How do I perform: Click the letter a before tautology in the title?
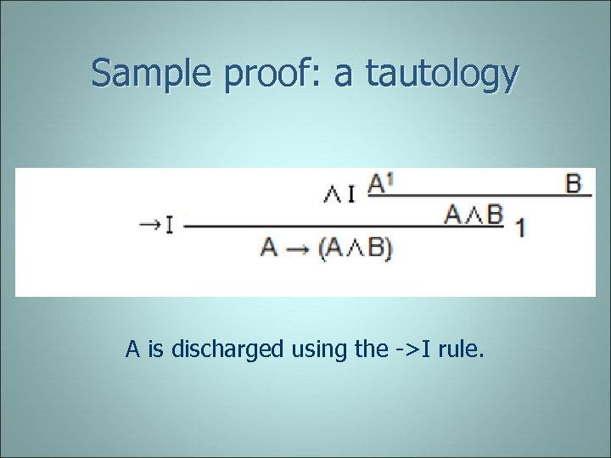pyautogui.click(x=344, y=76)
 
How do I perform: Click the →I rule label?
pyautogui.click(x=157, y=226)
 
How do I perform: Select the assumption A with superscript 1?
pyautogui.click(x=379, y=183)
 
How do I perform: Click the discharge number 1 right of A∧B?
pyautogui.click(x=519, y=227)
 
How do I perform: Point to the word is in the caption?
pyautogui.click(x=155, y=348)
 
